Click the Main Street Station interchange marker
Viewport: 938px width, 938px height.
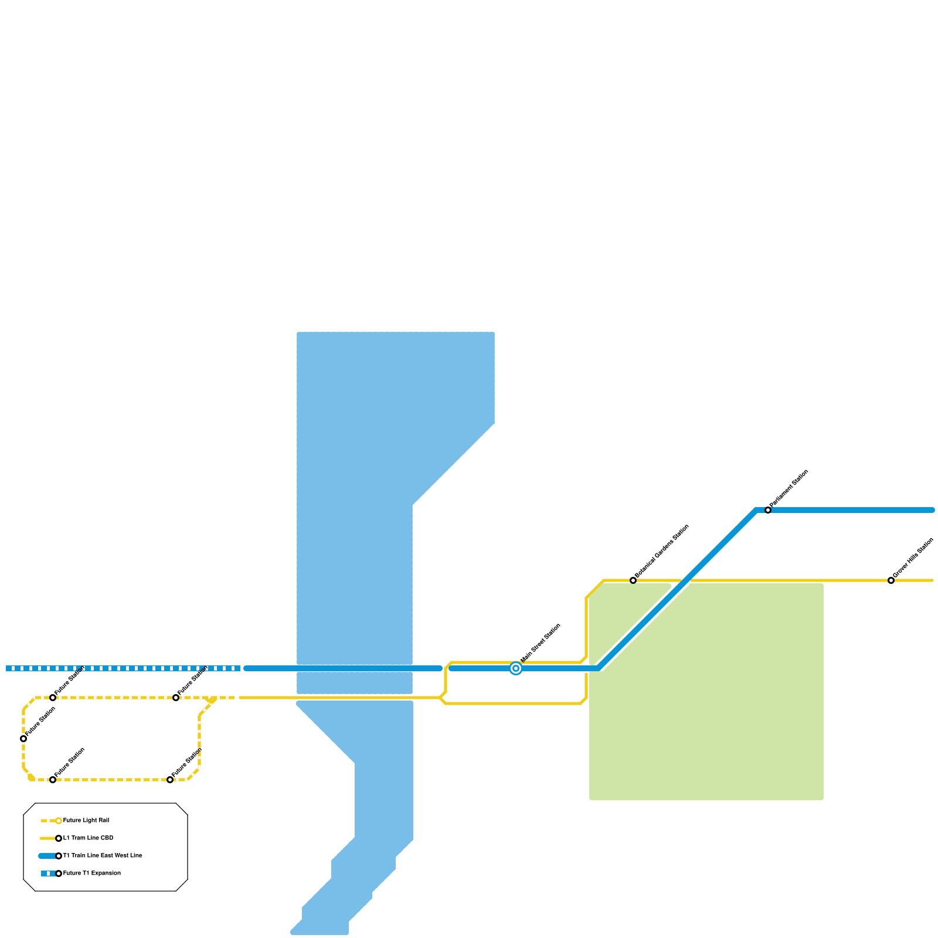pyautogui.click(x=516, y=668)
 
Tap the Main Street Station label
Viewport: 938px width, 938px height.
pyautogui.click(x=541, y=643)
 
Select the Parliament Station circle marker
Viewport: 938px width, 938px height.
pyautogui.click(x=768, y=510)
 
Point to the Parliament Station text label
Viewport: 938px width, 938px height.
pyautogui.click(x=789, y=488)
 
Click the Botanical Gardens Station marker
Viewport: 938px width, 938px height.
pyautogui.click(x=633, y=580)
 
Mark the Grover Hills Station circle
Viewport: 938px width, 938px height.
pyautogui.click(x=891, y=580)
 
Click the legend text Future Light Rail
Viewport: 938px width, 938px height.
pyautogui.click(x=86, y=821)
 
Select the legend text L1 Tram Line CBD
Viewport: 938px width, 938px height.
pyautogui.click(x=88, y=838)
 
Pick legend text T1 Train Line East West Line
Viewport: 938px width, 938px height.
pyautogui.click(x=103, y=856)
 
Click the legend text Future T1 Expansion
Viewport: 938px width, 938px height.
pyautogui.click(x=92, y=874)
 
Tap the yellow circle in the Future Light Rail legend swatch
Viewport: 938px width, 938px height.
pyautogui.click(x=59, y=821)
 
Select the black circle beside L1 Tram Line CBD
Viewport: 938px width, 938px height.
pyautogui.click(x=59, y=838)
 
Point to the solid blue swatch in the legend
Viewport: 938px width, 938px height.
pyautogui.click(x=47, y=856)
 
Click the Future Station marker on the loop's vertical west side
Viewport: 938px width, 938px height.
pyautogui.click(x=23, y=739)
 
